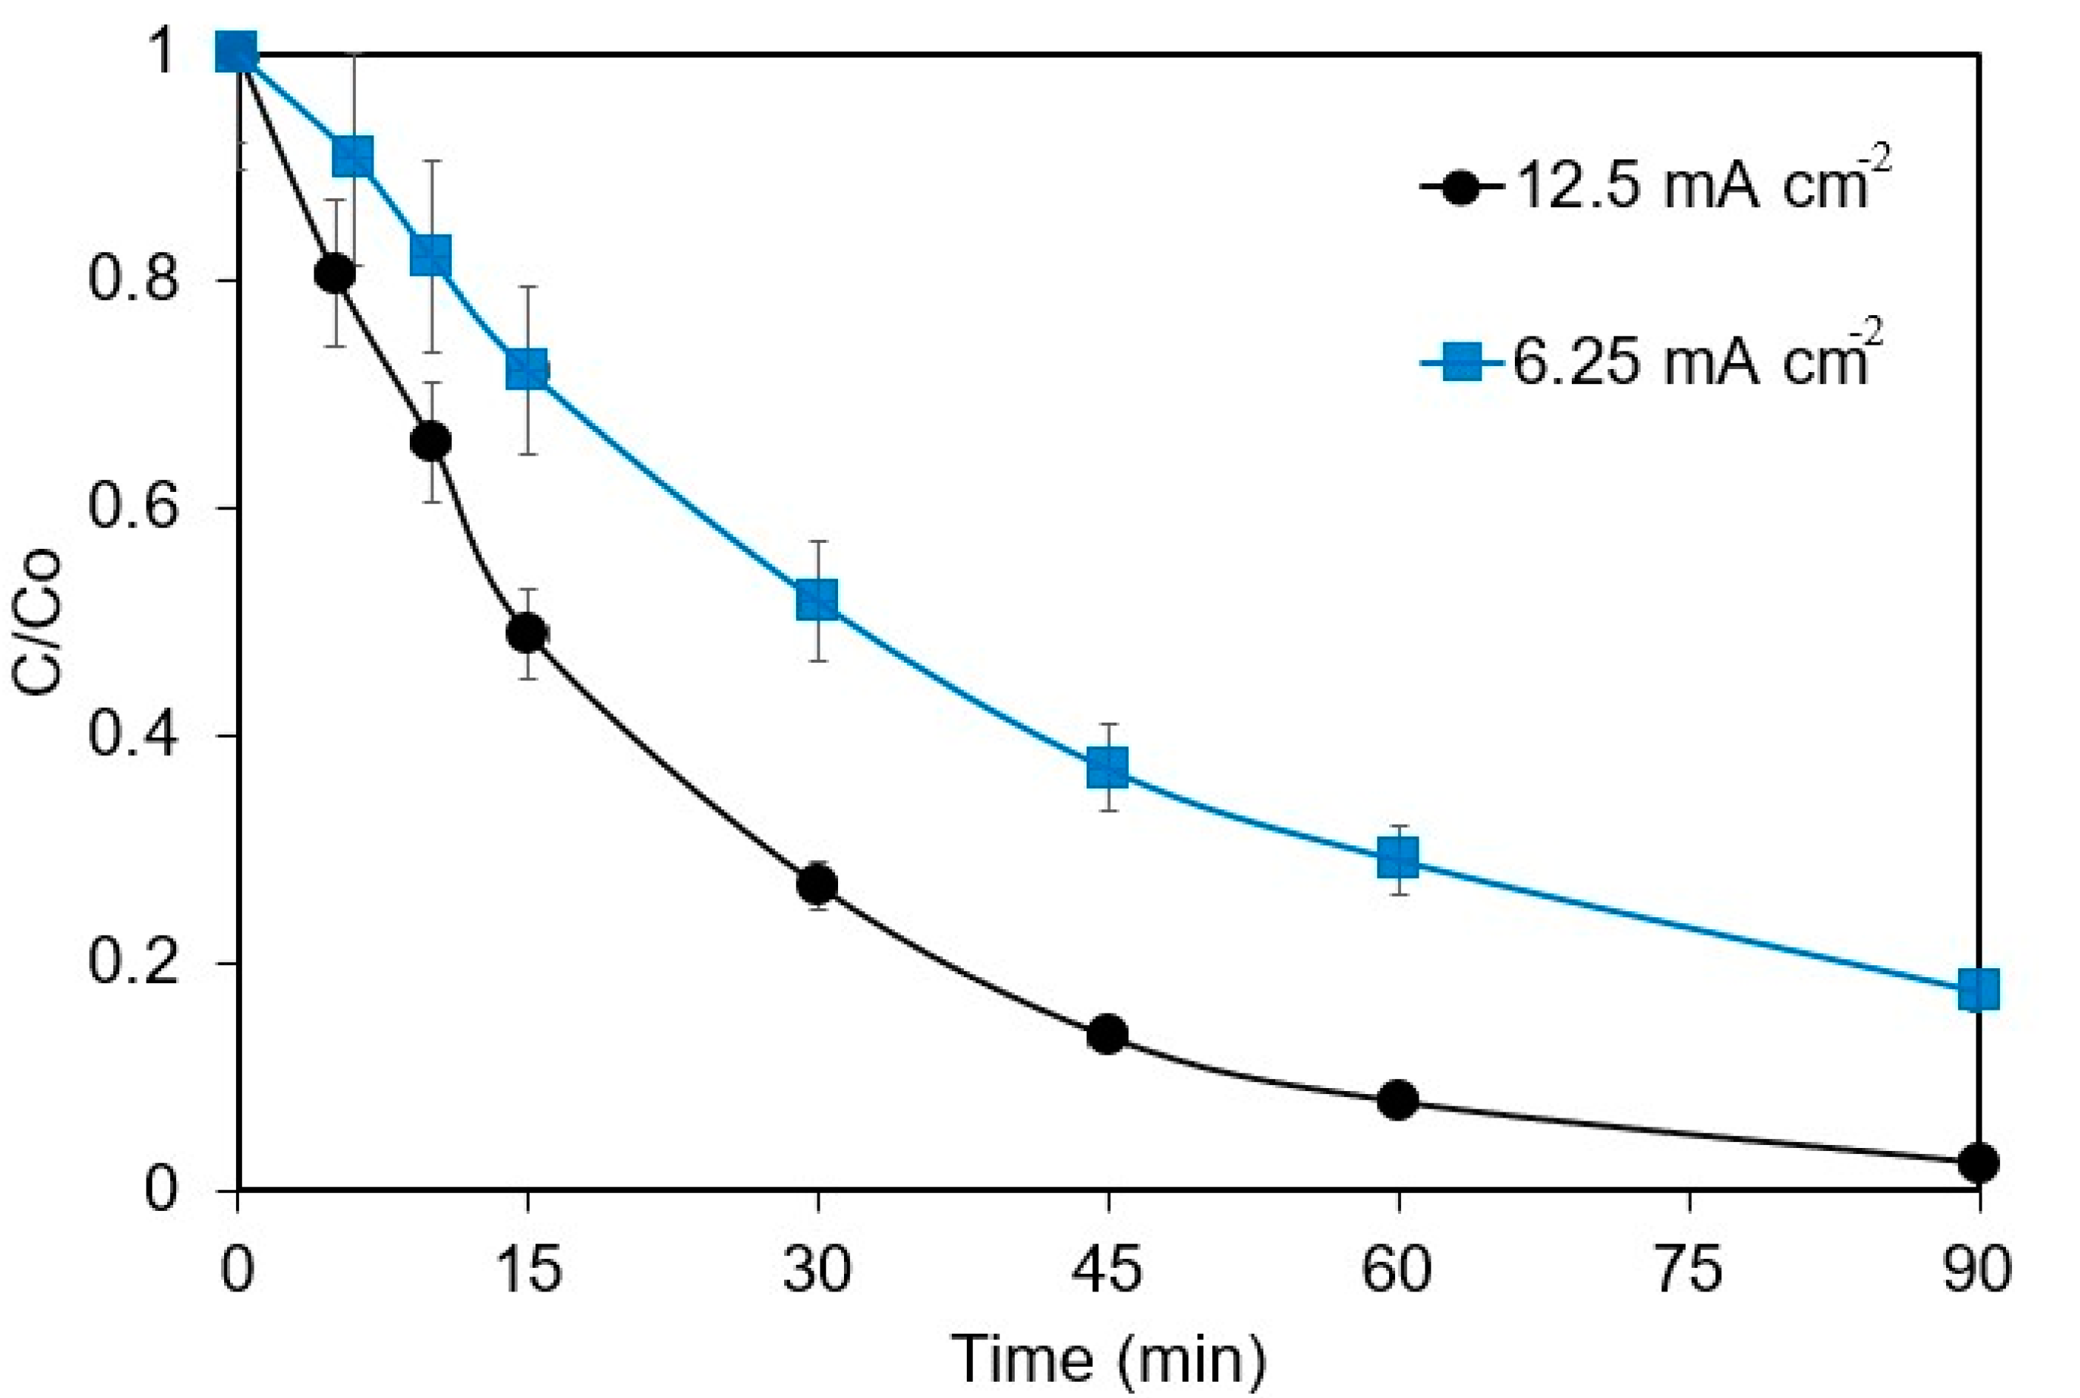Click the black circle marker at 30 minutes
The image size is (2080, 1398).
coord(817,884)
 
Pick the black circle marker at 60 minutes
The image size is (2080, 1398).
coord(1397,1100)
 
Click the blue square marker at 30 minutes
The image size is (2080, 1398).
coord(817,600)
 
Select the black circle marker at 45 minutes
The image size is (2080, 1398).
coord(1107,1033)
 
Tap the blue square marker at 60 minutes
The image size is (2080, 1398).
coord(1397,858)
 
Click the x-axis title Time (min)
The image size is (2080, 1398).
coord(1107,1359)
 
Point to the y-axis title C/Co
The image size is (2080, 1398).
coord(38,621)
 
